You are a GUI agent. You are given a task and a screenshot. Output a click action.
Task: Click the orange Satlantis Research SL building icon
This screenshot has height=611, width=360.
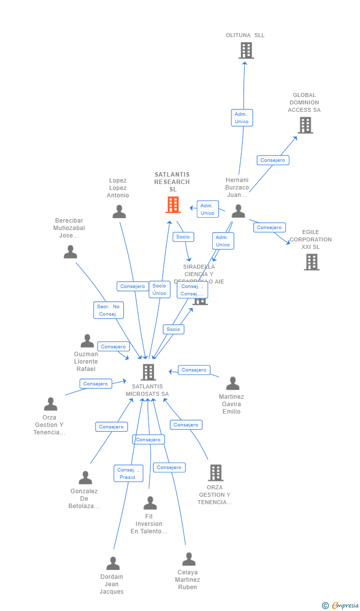(173, 204)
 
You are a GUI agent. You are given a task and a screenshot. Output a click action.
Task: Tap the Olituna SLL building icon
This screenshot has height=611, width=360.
(246, 50)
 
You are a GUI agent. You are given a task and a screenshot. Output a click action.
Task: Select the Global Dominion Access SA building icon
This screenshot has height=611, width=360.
(305, 125)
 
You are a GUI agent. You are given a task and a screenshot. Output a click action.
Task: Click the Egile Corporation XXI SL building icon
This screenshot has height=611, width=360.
(312, 262)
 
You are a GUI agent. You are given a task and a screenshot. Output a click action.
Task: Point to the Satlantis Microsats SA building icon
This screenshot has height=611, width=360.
(148, 372)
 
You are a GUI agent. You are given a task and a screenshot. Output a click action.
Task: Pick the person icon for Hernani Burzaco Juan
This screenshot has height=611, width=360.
(238, 211)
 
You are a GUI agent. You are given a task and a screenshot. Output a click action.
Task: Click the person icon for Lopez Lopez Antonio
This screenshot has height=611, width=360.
(119, 211)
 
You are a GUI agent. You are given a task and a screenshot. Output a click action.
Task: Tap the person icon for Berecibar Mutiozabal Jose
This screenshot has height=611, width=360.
(70, 252)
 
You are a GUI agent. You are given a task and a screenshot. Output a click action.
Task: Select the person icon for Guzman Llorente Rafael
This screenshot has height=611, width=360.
(87, 341)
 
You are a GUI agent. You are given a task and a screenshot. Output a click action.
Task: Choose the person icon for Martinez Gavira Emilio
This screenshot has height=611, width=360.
(232, 383)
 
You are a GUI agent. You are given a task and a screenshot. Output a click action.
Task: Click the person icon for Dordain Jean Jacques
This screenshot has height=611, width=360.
(113, 563)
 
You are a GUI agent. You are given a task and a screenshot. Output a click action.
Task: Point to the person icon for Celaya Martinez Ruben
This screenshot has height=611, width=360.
(188, 559)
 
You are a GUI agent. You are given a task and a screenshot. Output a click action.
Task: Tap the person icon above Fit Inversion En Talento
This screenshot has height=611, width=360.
(150, 503)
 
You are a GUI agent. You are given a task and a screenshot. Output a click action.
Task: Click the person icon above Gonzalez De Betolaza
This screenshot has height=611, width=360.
(85, 477)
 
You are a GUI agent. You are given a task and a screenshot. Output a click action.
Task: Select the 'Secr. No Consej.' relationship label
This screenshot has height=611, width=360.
(108, 310)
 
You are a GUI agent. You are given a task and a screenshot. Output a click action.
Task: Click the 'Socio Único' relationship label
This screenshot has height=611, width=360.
(159, 289)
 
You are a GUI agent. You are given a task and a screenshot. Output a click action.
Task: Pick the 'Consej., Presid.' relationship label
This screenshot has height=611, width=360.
(128, 473)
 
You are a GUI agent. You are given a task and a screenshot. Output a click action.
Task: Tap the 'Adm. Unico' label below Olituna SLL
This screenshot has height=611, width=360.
(242, 118)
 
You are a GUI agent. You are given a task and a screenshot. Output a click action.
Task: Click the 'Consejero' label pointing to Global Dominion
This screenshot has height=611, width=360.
(272, 160)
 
